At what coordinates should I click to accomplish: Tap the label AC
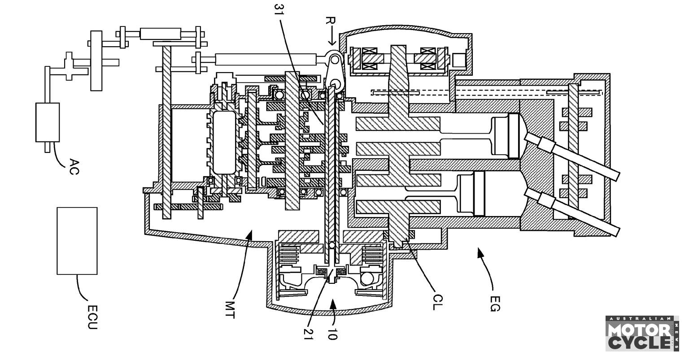[74, 167]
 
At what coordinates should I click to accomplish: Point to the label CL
[437, 302]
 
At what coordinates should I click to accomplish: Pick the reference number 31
[279, 11]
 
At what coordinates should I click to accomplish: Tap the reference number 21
[308, 334]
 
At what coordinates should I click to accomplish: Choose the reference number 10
[332, 333]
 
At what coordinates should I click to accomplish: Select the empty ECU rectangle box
[77, 241]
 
